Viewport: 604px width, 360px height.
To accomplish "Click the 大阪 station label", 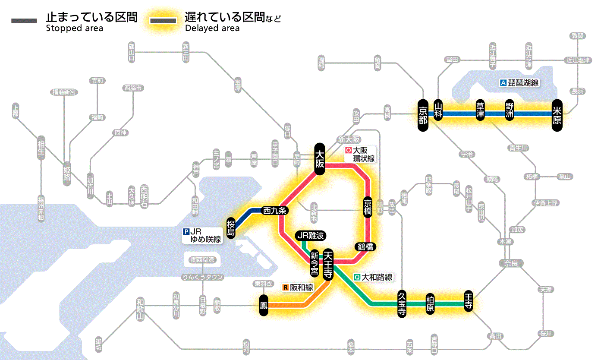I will tap(320, 159).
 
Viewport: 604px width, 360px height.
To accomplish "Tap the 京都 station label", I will tap(423, 114).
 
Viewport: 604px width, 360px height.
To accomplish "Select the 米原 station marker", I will tap(557, 114).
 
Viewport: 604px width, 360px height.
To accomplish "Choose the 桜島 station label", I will tap(231, 227).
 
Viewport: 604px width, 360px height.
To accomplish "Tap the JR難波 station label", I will tap(310, 236).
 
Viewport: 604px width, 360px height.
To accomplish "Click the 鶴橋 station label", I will tap(365, 247).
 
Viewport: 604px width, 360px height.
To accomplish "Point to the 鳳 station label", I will tap(264, 305).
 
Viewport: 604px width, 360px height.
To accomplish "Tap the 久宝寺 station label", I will tap(402, 304).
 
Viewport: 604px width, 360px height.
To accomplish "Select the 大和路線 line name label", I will tap(373, 278).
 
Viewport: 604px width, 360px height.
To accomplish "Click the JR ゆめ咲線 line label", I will tap(202, 235).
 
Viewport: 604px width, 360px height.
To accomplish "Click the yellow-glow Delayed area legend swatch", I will tap(163, 21).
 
